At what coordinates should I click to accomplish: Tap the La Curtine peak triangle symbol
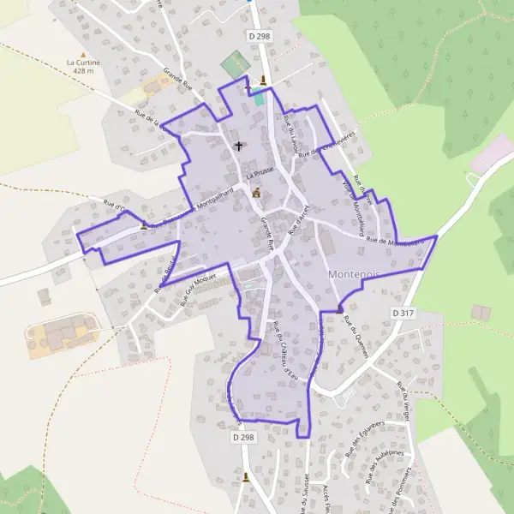coord(72,63)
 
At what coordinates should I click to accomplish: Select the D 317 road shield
coord(403,314)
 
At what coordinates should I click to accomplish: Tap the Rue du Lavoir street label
coord(291,137)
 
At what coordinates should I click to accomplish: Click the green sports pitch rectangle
coord(232,64)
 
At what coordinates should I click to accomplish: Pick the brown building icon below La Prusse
coord(255,192)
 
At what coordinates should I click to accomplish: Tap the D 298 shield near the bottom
coord(244,437)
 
